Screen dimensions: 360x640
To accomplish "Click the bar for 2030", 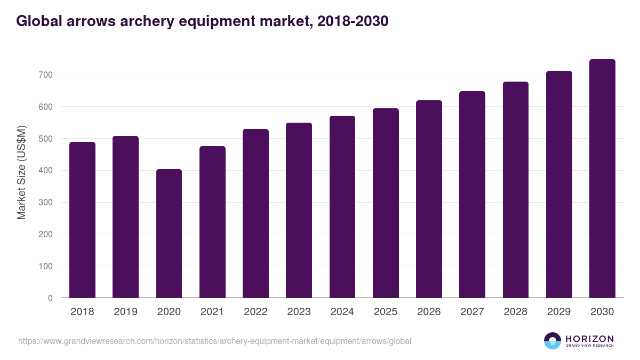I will tap(602, 179).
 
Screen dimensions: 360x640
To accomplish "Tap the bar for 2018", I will tap(82, 220).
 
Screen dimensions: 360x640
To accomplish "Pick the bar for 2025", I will tap(386, 203).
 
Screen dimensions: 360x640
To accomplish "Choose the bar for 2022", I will tap(255, 213).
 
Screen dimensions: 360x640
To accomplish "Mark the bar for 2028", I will tap(516, 190).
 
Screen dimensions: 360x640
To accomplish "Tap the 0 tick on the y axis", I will tap(50, 298).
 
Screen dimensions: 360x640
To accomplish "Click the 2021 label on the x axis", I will tap(212, 312).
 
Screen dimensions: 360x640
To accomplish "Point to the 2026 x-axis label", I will tap(429, 312).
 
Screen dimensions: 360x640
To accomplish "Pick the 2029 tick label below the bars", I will tap(559, 312).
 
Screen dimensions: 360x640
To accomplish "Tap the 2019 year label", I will tap(125, 312).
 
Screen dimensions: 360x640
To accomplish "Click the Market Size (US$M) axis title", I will tap(21, 172).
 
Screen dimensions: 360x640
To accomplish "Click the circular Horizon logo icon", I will tap(553, 341).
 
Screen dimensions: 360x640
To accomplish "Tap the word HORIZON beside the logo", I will tap(589, 338).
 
